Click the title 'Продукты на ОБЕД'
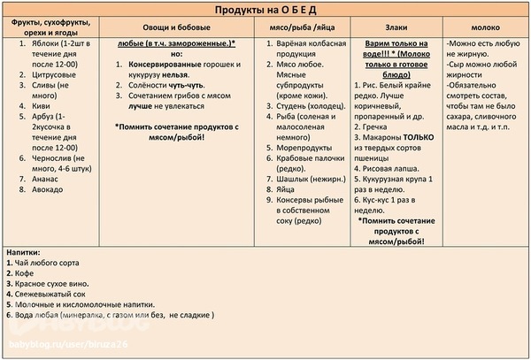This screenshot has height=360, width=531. tap(265, 9)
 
